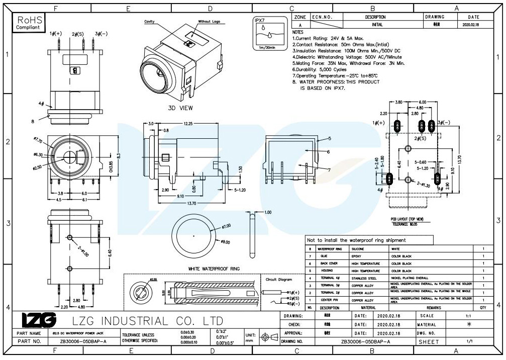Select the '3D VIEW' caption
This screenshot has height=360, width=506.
pyautogui.click(x=180, y=108)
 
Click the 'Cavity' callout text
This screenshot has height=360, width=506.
pyautogui.click(x=149, y=22)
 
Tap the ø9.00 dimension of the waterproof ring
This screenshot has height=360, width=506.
pyautogui.click(x=226, y=242)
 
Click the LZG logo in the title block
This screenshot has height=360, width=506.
pyautogui.click(x=39, y=320)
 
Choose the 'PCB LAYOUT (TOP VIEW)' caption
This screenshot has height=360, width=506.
pyautogui.click(x=408, y=219)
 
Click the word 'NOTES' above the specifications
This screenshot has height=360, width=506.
pyautogui.click(x=298, y=32)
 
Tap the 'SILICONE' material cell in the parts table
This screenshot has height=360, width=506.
pyautogui.click(x=358, y=249)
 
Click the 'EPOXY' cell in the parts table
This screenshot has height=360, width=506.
pyautogui.click(x=357, y=256)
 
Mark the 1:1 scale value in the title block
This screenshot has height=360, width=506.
pyautogui.click(x=469, y=315)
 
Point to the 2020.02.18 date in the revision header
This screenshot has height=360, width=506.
pyautogui.click(x=470, y=24)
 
